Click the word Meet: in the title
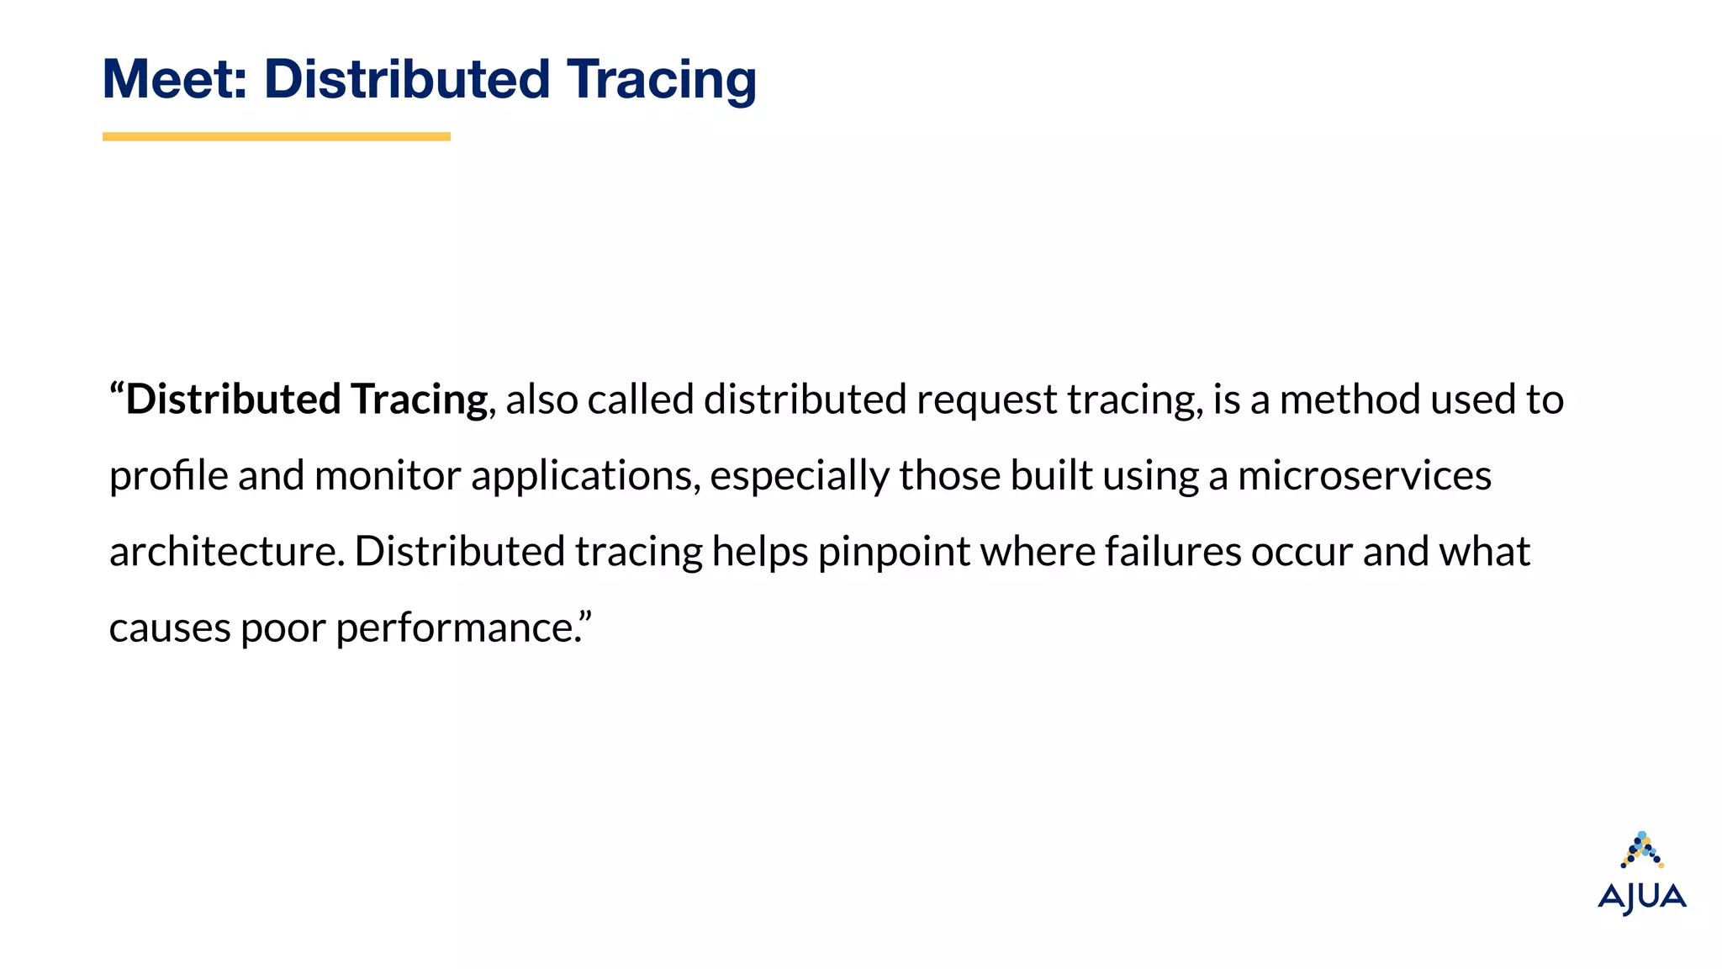coord(174,80)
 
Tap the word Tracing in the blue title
coord(661,80)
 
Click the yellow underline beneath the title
coord(276,136)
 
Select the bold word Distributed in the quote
coord(233,399)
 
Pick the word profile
coord(168,476)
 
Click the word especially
coord(799,476)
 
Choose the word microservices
coord(1364,476)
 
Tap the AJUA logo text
coord(1641,898)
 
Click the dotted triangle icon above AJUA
coord(1642,850)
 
